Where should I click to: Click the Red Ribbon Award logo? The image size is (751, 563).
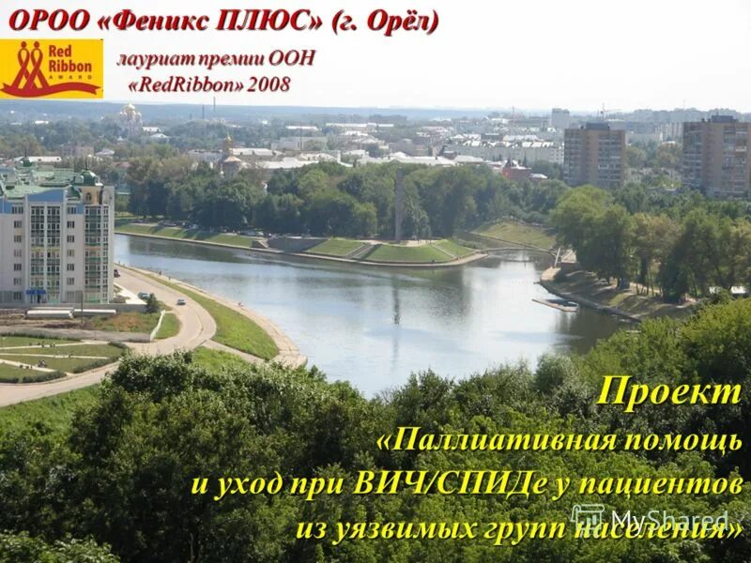tap(52, 69)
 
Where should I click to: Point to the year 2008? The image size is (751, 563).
tap(269, 84)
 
